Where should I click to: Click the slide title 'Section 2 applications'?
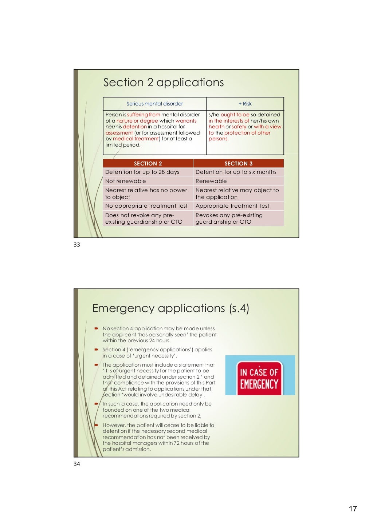(163, 83)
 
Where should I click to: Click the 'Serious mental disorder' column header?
(155, 104)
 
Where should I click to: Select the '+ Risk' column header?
(245, 104)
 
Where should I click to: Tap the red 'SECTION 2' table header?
(148, 164)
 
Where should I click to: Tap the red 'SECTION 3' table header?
(239, 164)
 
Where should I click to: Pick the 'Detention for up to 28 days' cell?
(142, 172)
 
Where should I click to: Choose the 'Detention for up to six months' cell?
(236, 172)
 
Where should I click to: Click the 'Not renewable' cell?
(126, 181)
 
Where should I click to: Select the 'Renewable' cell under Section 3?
(211, 181)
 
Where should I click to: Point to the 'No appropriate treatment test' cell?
(146, 206)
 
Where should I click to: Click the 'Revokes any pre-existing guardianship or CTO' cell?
(229, 219)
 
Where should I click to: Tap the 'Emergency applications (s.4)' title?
(170, 308)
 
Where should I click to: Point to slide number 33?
(77, 245)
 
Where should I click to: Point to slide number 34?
(77, 464)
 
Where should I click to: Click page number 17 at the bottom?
(353, 509)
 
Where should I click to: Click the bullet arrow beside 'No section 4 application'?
(97, 328)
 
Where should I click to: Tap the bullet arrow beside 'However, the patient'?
(97, 425)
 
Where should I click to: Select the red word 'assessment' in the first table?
(119, 133)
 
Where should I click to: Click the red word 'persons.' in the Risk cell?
(219, 139)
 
